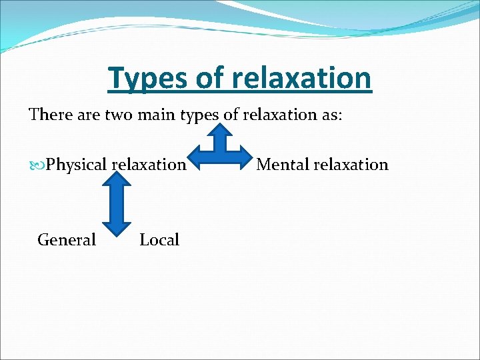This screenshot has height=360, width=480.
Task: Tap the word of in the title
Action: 211,78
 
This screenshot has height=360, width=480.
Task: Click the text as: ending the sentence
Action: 329,115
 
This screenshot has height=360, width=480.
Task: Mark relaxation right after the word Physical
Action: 149,164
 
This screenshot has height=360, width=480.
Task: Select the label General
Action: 67,240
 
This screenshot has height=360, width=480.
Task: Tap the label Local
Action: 159,240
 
